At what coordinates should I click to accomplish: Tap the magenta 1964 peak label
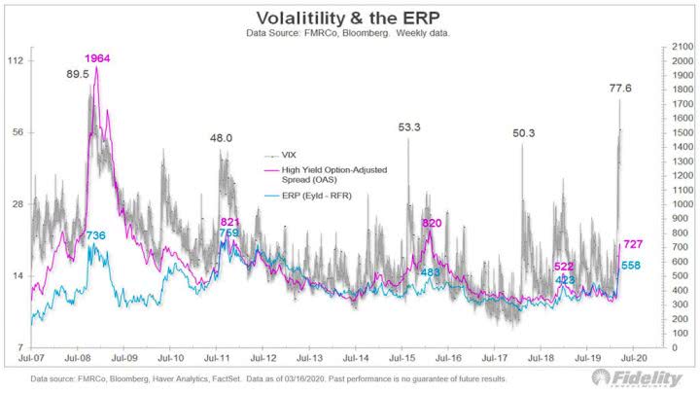96,58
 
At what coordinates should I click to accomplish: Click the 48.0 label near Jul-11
222,138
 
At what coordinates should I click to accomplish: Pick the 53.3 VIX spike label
409,126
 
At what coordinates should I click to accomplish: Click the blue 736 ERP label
95,235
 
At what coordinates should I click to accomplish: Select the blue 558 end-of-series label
631,266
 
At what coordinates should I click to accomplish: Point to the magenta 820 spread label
432,223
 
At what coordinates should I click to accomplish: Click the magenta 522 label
564,267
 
